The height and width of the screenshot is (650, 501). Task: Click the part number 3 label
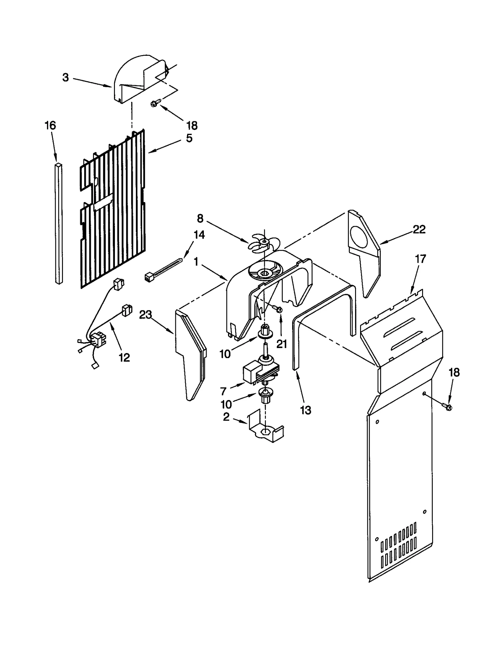point(65,78)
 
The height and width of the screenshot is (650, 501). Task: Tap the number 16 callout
point(50,126)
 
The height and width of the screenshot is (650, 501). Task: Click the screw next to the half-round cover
point(156,103)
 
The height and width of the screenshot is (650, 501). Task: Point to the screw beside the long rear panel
point(447,407)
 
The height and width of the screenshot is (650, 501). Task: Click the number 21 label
point(281,344)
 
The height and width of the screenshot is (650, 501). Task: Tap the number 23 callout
point(146,315)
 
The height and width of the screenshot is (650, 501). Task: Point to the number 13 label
point(306,410)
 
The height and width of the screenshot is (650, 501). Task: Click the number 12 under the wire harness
point(124,357)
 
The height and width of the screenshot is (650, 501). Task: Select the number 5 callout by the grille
point(189,138)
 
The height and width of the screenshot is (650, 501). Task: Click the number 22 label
point(419,230)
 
